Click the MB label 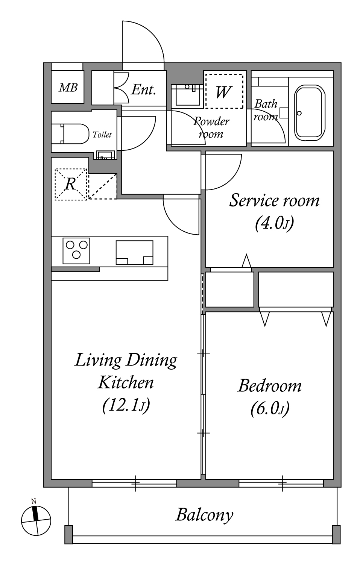pyautogui.click(x=68, y=88)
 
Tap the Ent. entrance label pyautogui.click(x=143, y=89)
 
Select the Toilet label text pyautogui.click(x=102, y=135)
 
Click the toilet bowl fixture pyautogui.click(x=70, y=133)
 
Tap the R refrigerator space pyautogui.click(x=71, y=184)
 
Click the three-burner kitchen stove pyautogui.click(x=76, y=251)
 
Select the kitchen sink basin pyautogui.click(x=135, y=253)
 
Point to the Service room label pyautogui.click(x=274, y=201)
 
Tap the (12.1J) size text pyautogui.click(x=126, y=405)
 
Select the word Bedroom pyautogui.click(x=270, y=385)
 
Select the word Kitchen pyautogui.click(x=126, y=383)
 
